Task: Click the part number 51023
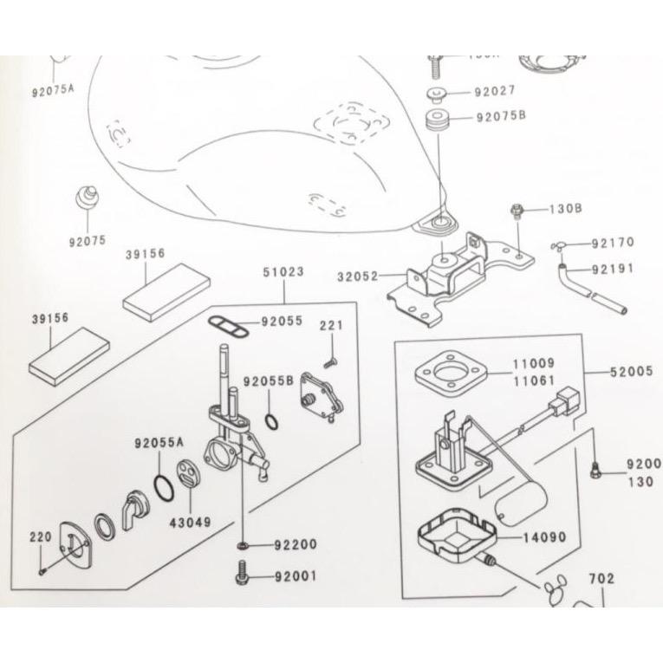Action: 283,271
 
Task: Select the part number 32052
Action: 358,276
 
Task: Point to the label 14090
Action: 543,537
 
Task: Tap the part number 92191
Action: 613,269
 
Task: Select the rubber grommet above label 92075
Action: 86,196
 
